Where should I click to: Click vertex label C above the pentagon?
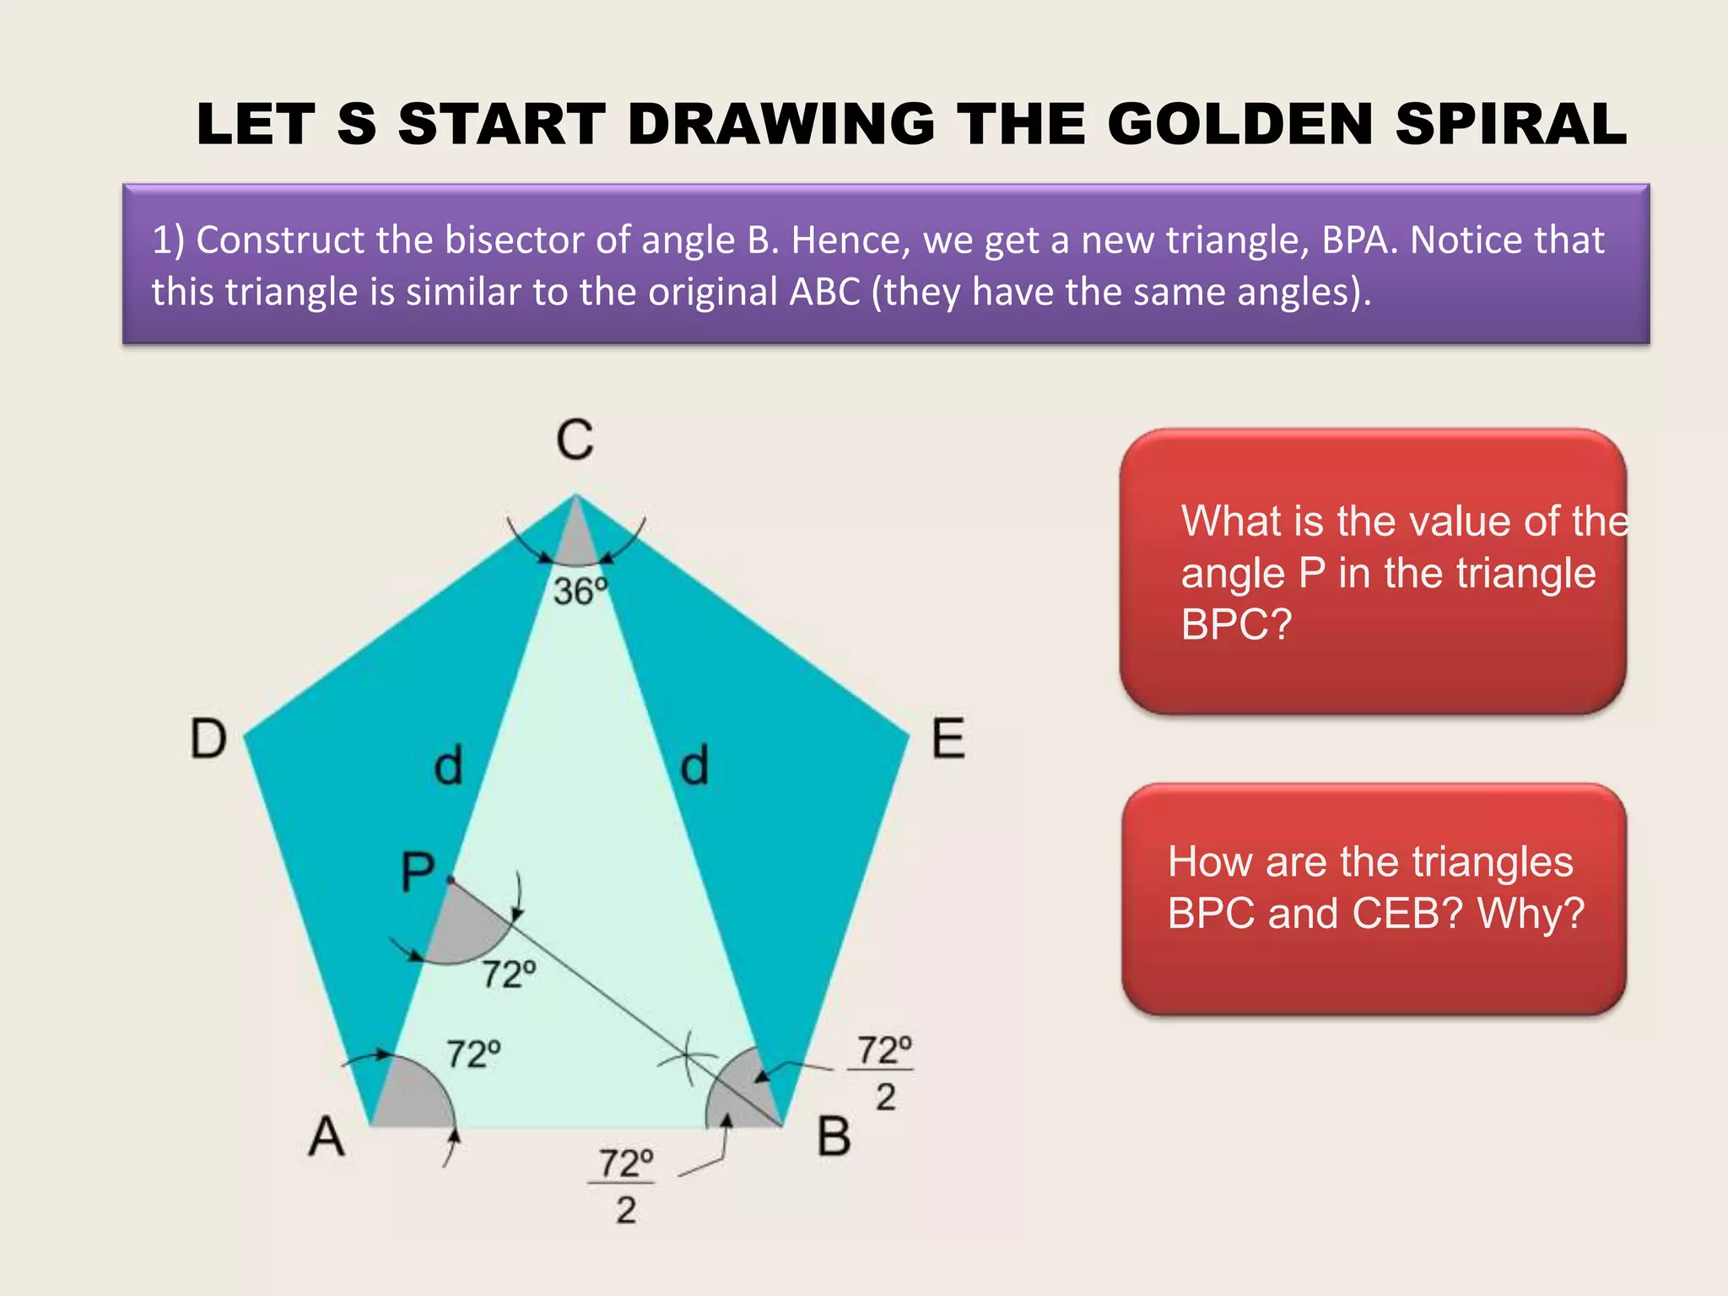pos(575,440)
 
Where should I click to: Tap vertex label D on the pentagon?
pos(208,738)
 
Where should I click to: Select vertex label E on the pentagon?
pos(948,738)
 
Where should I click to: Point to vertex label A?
pos(327,1136)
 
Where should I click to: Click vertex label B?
pos(834,1136)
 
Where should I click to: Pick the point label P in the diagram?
pos(418,872)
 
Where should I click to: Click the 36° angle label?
pos(580,591)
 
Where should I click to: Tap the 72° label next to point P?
pos(509,975)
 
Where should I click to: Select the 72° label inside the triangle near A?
pos(473,1054)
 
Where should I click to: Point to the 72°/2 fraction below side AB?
pos(625,1185)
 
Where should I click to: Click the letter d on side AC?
pos(448,766)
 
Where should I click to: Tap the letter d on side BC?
pos(694,766)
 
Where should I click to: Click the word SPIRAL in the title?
pos(1510,124)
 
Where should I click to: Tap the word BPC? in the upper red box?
pos(1236,625)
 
